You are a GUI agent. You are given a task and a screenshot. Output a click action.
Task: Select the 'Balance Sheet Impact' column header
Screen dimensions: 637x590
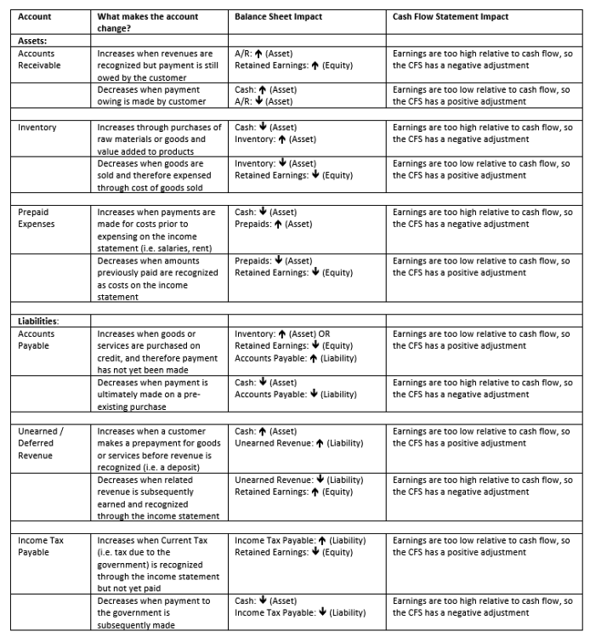coord(278,16)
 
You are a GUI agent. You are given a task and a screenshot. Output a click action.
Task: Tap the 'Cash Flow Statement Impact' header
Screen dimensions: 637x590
coord(451,16)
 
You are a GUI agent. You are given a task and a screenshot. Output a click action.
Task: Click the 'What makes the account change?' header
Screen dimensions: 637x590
coord(148,22)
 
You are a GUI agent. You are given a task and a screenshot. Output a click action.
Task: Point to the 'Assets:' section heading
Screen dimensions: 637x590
coord(33,40)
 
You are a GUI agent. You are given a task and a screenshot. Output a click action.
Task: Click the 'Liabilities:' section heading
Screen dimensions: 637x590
coord(38,321)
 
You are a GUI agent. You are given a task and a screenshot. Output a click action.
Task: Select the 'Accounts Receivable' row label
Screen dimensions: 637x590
coord(39,60)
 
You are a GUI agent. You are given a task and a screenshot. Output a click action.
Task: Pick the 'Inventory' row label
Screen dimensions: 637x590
coord(37,128)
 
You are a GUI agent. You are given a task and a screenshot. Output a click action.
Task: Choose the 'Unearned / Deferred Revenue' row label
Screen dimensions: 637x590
coord(41,443)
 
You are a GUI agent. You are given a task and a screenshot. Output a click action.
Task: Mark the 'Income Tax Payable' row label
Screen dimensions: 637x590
coord(39,546)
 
